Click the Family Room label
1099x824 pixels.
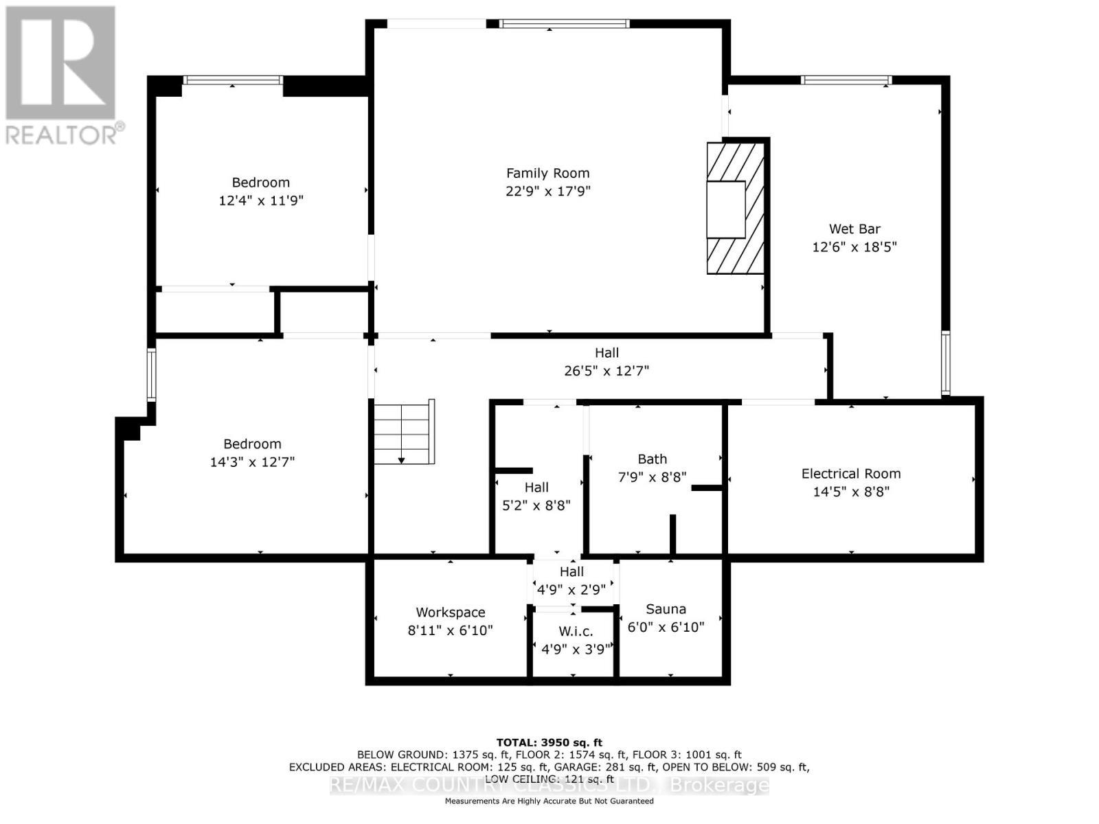pos(547,173)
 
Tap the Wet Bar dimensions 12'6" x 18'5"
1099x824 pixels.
pos(854,247)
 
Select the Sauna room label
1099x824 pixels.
pos(666,609)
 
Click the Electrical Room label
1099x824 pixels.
pos(850,473)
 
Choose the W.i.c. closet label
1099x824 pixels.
pos(576,631)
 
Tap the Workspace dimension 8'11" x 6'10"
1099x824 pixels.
pos(450,630)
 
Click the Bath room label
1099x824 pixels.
pos(652,459)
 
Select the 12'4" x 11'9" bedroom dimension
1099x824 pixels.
pos(260,201)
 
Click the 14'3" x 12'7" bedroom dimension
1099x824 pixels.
pos(252,462)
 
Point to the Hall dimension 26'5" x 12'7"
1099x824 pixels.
pos(606,371)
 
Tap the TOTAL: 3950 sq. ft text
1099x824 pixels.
pos(549,742)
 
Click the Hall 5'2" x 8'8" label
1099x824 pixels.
pos(536,487)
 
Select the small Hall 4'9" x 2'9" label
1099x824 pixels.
pos(571,571)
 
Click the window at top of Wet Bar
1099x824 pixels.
pos(846,80)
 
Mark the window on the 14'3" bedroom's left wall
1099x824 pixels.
pos(151,374)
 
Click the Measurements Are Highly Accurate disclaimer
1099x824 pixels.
pos(549,801)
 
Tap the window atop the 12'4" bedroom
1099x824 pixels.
pos(232,80)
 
